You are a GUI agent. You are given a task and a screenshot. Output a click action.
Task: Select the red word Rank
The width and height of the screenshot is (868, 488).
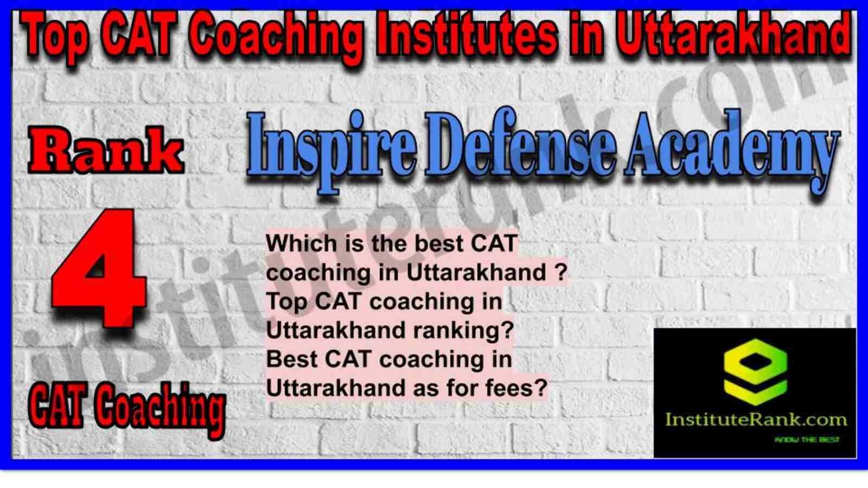pyautogui.click(x=106, y=151)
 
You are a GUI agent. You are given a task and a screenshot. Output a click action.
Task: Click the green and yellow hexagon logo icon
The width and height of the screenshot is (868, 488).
pyautogui.click(x=755, y=372)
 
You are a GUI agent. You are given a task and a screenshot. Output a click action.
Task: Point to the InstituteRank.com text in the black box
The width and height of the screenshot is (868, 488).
pyautogui.click(x=756, y=420)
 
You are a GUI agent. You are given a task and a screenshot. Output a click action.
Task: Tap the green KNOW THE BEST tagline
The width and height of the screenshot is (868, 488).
pyautogui.click(x=807, y=440)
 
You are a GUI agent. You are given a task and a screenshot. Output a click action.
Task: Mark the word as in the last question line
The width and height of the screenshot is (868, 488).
pyautogui.click(x=426, y=388)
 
